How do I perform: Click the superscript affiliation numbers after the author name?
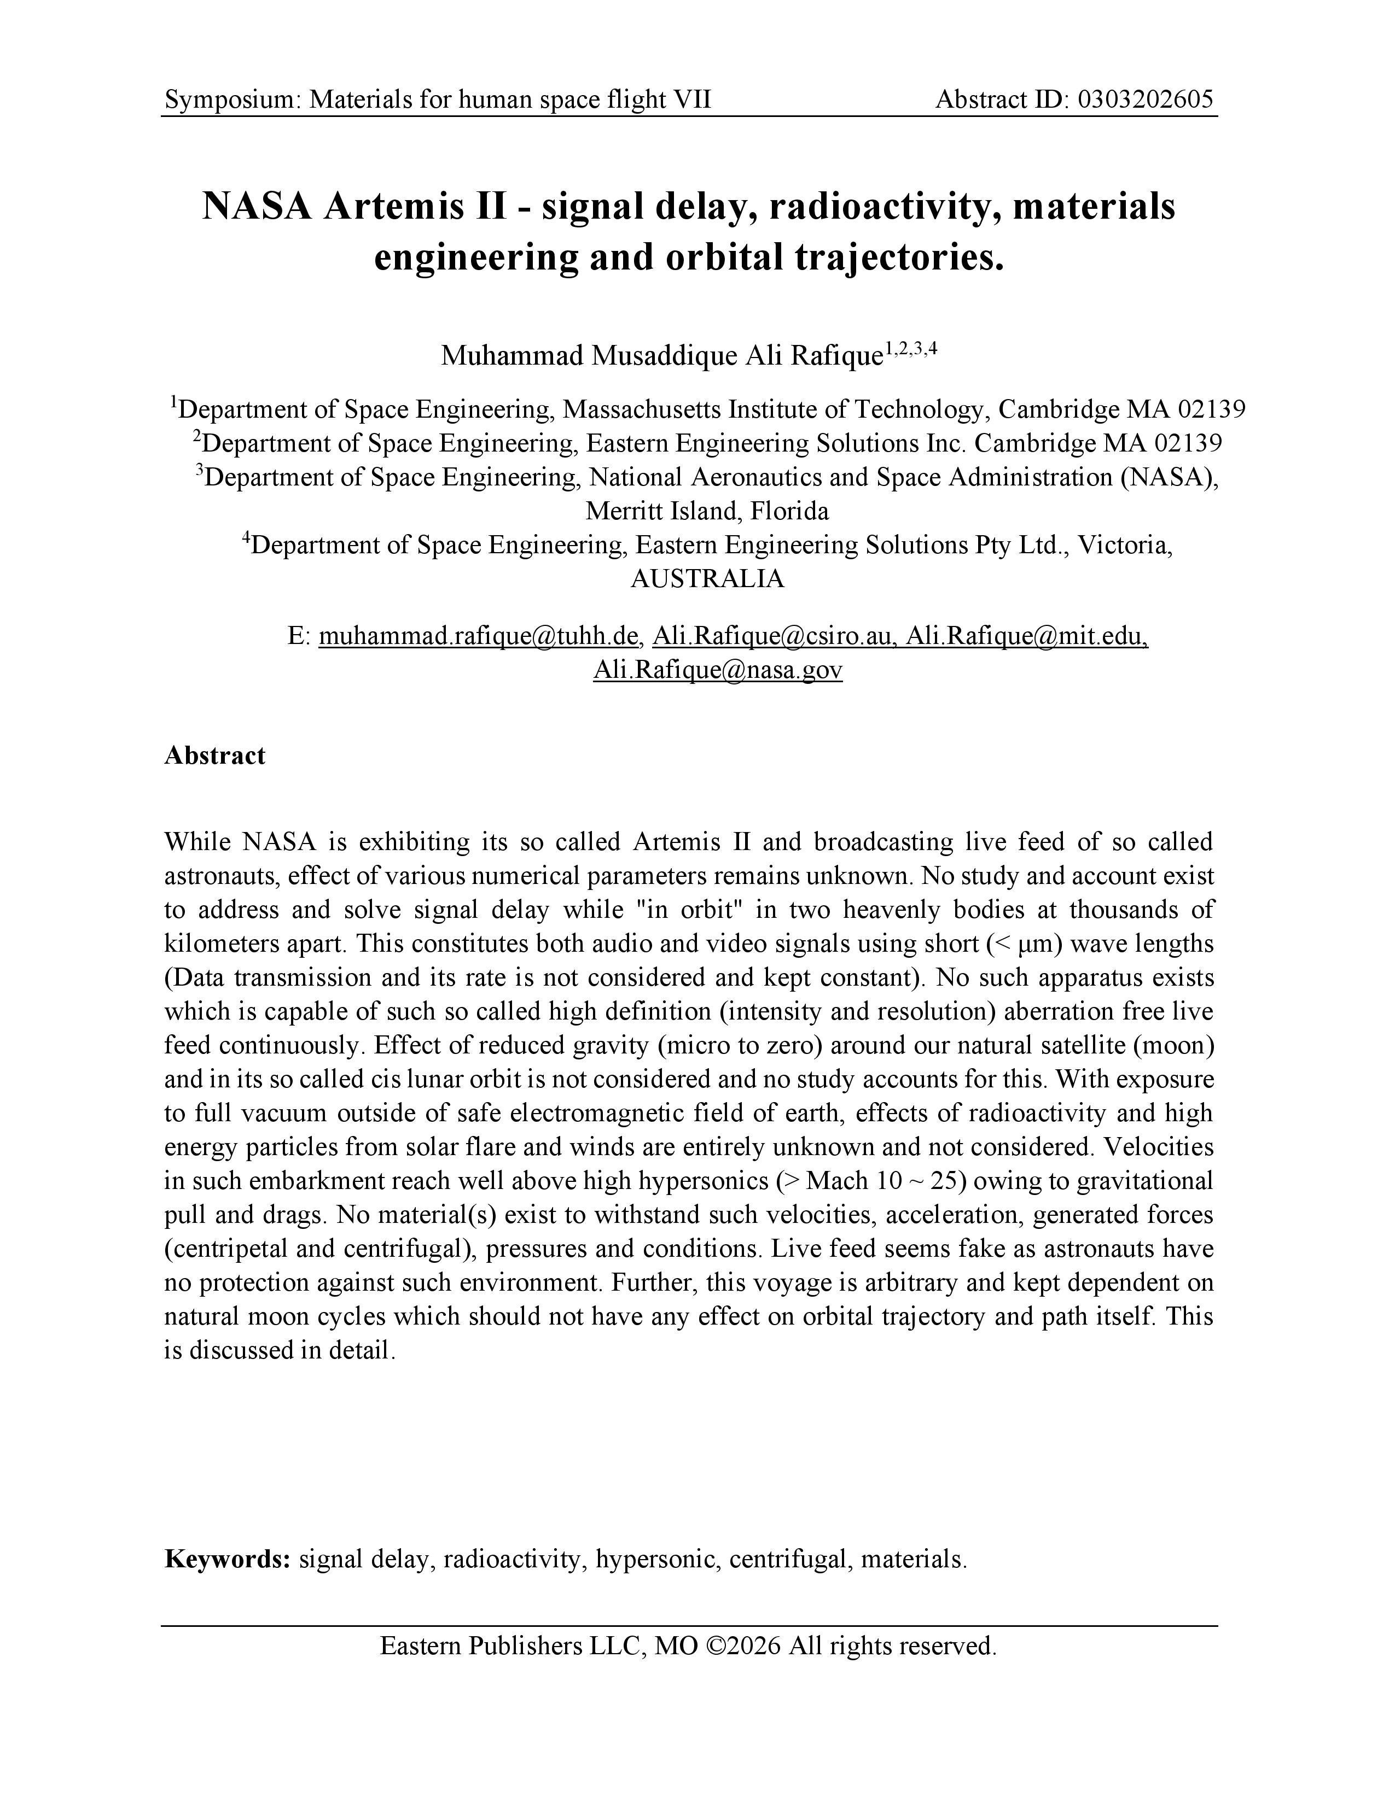[911, 349]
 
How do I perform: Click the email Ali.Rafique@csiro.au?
[774, 635]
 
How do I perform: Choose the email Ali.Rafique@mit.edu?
[1026, 635]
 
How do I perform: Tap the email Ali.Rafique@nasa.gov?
[717, 669]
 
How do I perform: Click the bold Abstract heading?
[215, 756]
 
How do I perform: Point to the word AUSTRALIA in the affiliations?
[707, 578]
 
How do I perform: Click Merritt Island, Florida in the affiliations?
[707, 511]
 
